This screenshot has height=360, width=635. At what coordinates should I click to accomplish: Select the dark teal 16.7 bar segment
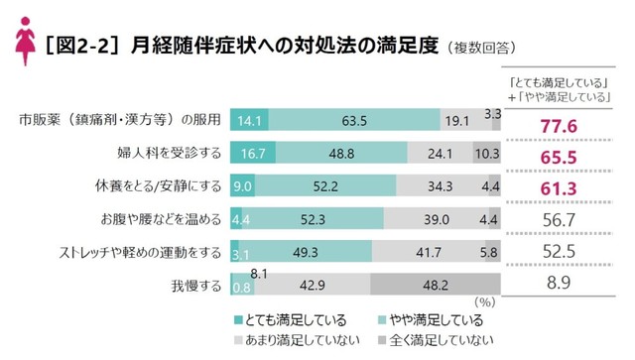(251, 154)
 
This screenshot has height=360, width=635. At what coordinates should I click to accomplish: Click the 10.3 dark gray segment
(486, 154)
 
